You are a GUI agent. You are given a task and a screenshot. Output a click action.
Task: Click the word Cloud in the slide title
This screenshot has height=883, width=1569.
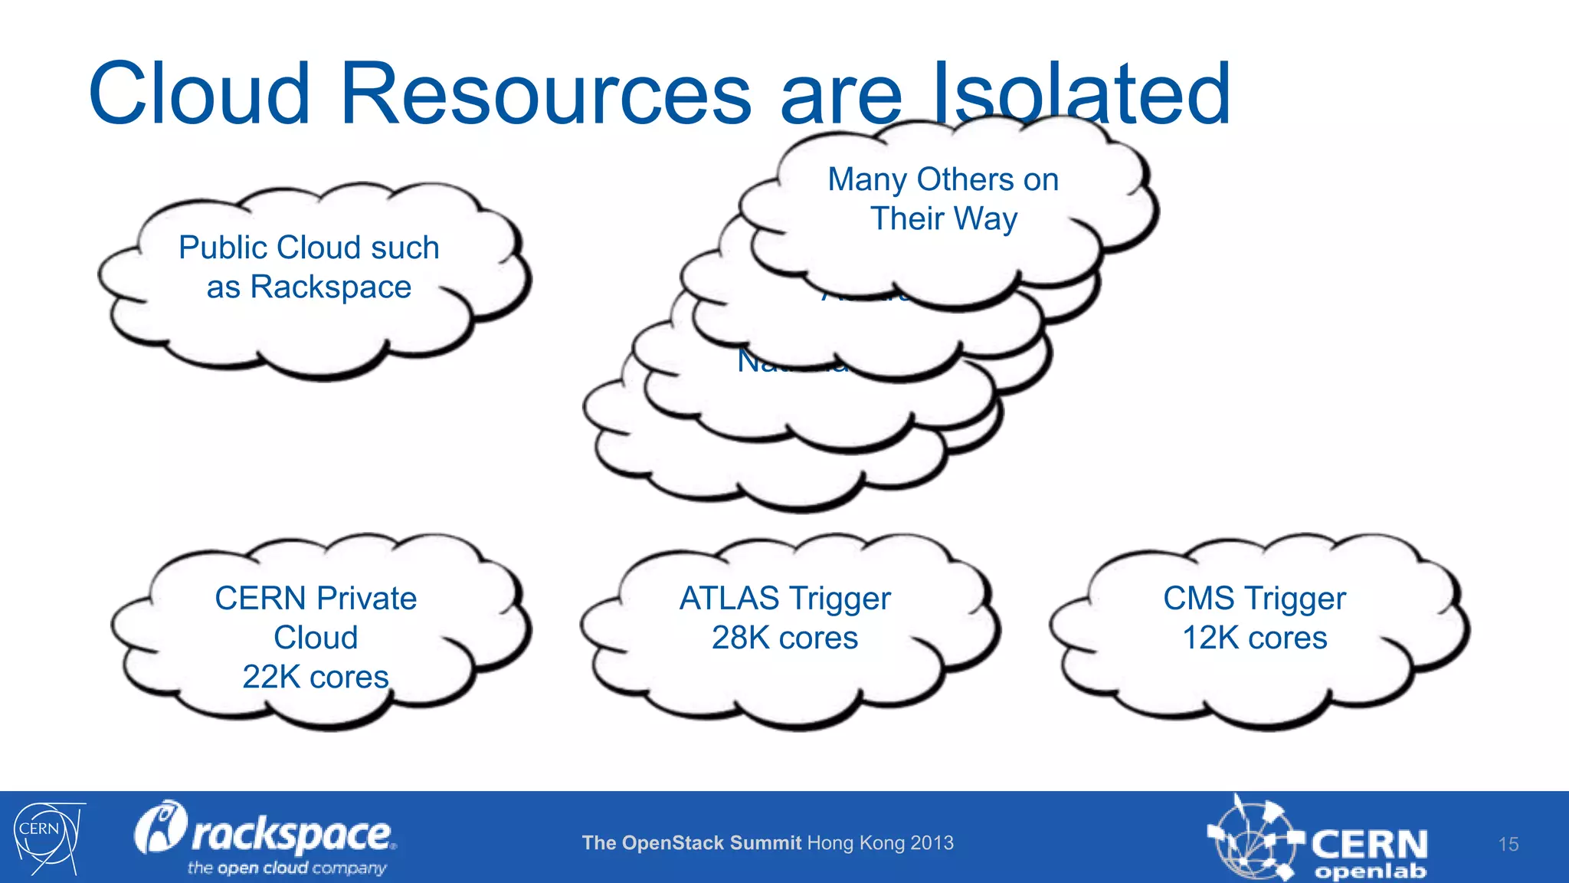[x=199, y=94]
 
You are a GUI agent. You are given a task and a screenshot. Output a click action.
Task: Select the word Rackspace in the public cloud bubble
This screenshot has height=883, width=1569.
[x=330, y=287]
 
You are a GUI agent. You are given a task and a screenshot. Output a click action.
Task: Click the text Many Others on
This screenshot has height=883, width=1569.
[x=943, y=180]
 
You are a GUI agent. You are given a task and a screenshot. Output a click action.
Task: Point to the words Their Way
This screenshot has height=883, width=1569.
[x=943, y=219]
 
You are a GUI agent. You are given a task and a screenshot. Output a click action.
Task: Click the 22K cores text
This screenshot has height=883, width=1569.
[x=316, y=678]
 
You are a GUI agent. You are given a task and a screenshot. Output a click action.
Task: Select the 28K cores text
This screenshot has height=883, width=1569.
[x=784, y=638]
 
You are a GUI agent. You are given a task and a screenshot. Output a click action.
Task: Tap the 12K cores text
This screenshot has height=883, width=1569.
[x=1254, y=638]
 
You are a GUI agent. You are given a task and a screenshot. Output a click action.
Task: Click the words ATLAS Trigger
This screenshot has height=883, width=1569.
[x=784, y=599]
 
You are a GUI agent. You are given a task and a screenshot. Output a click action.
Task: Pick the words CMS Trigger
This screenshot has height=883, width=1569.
[x=1254, y=599]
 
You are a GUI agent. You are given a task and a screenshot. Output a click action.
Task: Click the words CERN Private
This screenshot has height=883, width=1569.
[x=316, y=599]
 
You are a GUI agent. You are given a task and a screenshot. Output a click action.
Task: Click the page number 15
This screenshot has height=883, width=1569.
[x=1508, y=845]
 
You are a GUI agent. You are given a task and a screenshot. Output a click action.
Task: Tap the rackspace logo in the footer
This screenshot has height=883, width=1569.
[x=264, y=832]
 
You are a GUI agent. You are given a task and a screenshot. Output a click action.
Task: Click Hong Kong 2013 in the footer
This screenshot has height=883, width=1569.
[x=880, y=843]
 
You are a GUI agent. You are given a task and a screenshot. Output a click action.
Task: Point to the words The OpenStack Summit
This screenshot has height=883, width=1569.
[x=691, y=843]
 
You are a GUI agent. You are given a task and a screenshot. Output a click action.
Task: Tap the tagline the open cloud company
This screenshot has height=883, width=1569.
[x=287, y=868]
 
